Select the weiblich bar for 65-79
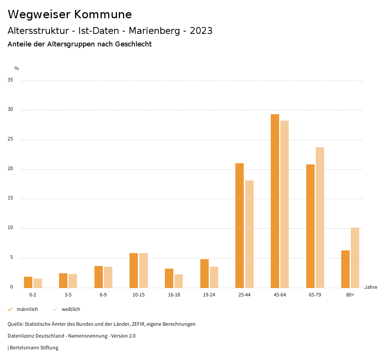tap(320, 217)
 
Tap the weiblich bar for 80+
tap(355, 258)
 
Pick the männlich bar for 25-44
tap(240, 225)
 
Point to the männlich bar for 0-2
tap(28, 282)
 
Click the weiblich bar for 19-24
tap(214, 277)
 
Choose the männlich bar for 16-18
tap(169, 278)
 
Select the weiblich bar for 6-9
tap(108, 277)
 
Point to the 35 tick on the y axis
tap(10, 80)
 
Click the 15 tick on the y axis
tap(10, 198)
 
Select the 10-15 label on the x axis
tap(139, 295)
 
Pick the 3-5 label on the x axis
tap(68, 295)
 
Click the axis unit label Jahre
tap(371, 287)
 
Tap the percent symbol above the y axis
tap(17, 68)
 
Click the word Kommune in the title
tap(103, 14)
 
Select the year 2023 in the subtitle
tap(201, 30)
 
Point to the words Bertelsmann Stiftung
tap(34, 347)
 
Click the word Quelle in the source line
tap(15, 324)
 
